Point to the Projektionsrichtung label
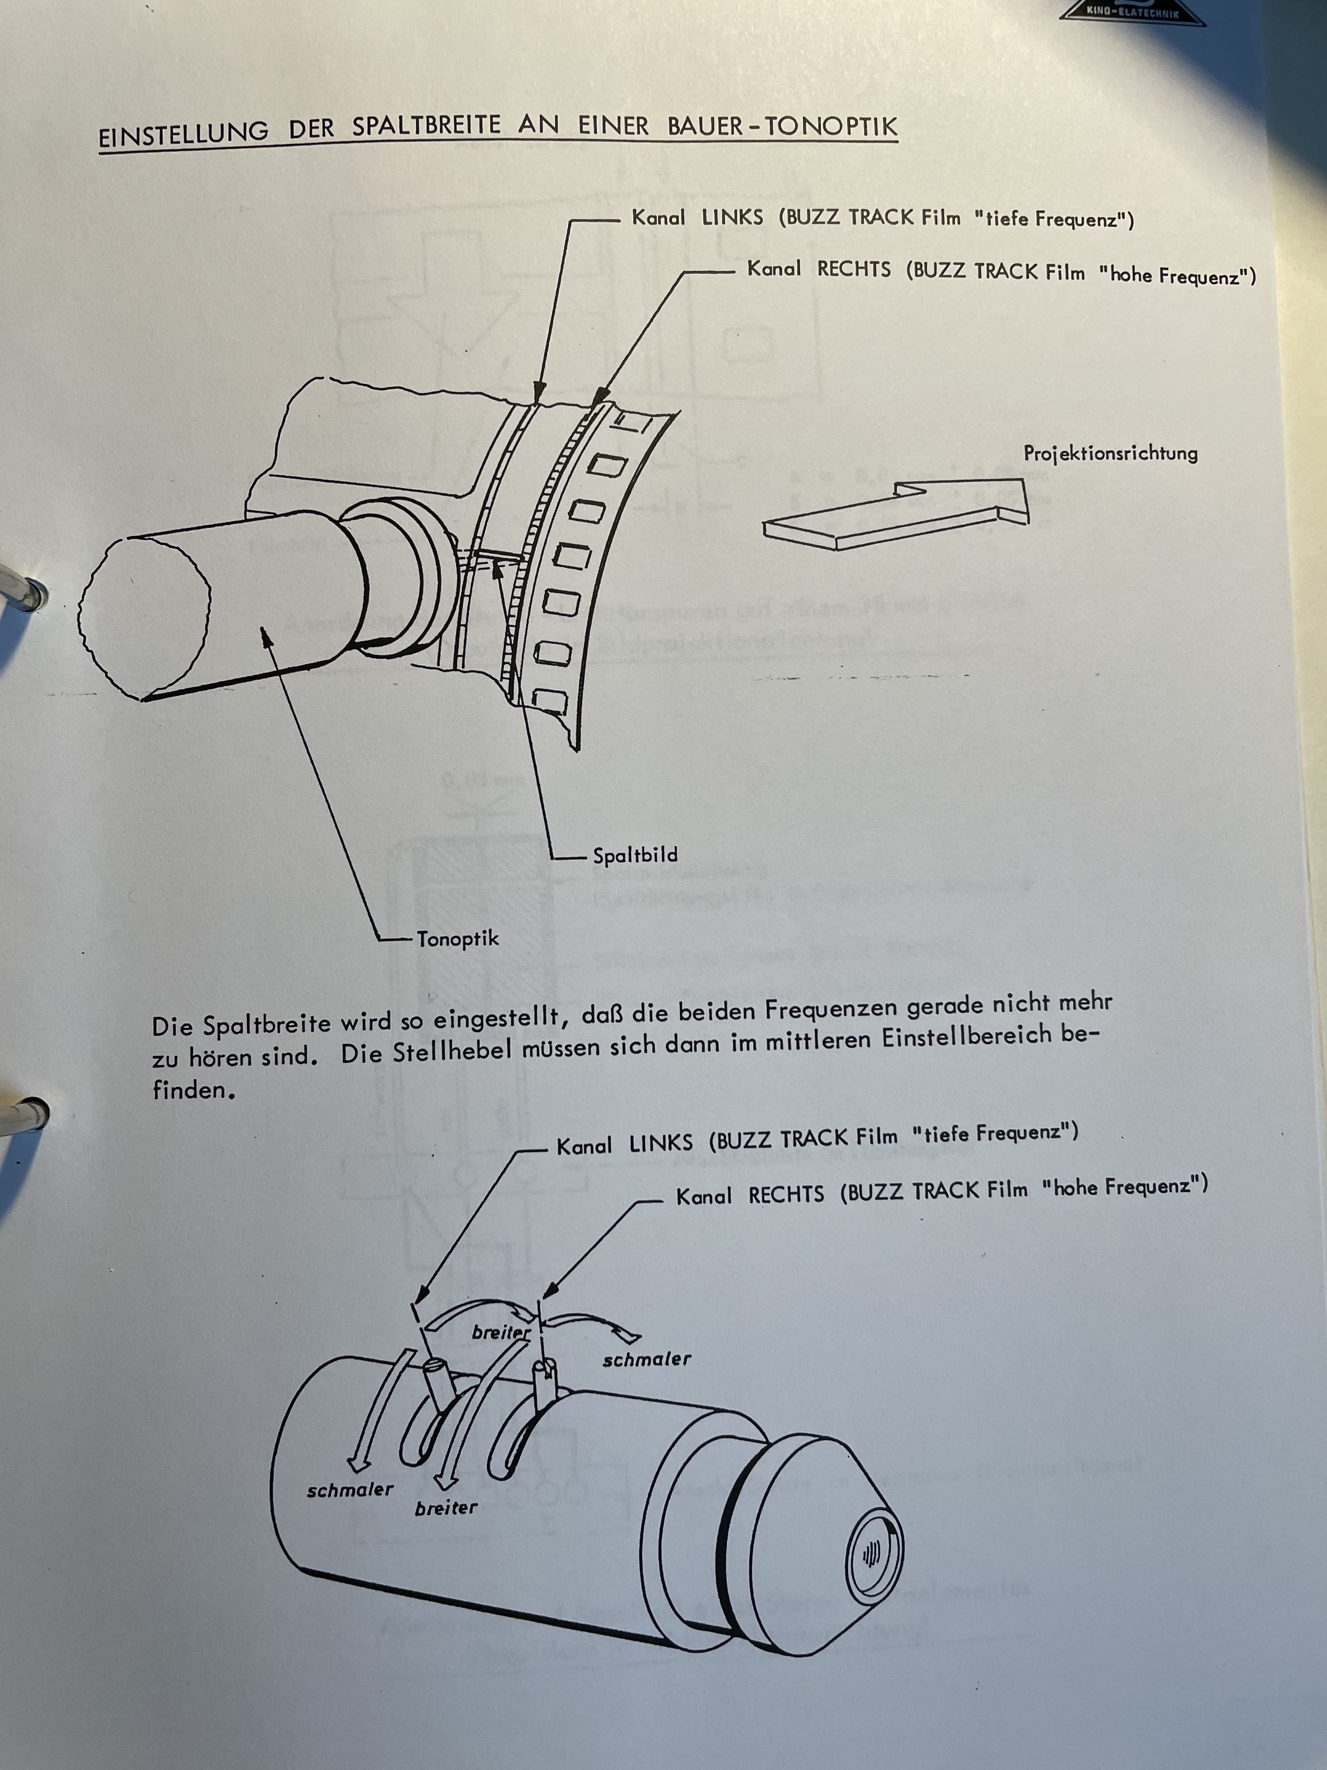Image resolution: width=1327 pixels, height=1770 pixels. coord(1110,454)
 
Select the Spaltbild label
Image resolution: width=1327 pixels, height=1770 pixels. coord(635,856)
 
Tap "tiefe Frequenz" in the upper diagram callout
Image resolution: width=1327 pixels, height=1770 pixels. coord(1054,219)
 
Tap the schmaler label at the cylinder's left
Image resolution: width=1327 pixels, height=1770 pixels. coord(350,1490)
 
